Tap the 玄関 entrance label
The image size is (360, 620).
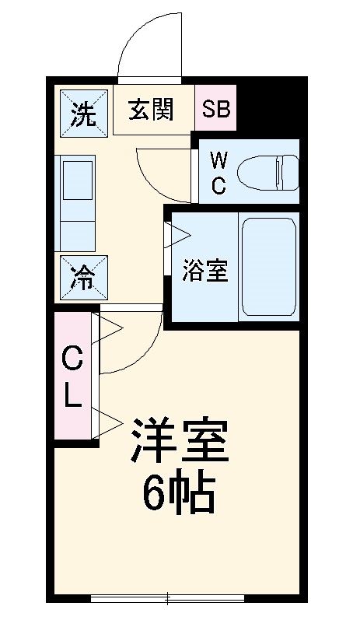[151, 110]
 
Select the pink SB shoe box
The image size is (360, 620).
[217, 110]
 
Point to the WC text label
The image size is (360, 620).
[219, 172]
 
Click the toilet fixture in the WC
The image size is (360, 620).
[268, 171]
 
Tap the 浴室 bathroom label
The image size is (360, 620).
[205, 272]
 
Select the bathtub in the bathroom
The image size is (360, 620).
[268, 265]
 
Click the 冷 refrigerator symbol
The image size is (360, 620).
[82, 276]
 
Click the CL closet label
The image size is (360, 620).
[72, 378]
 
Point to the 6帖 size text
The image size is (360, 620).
[179, 492]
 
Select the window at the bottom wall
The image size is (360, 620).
[169, 598]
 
